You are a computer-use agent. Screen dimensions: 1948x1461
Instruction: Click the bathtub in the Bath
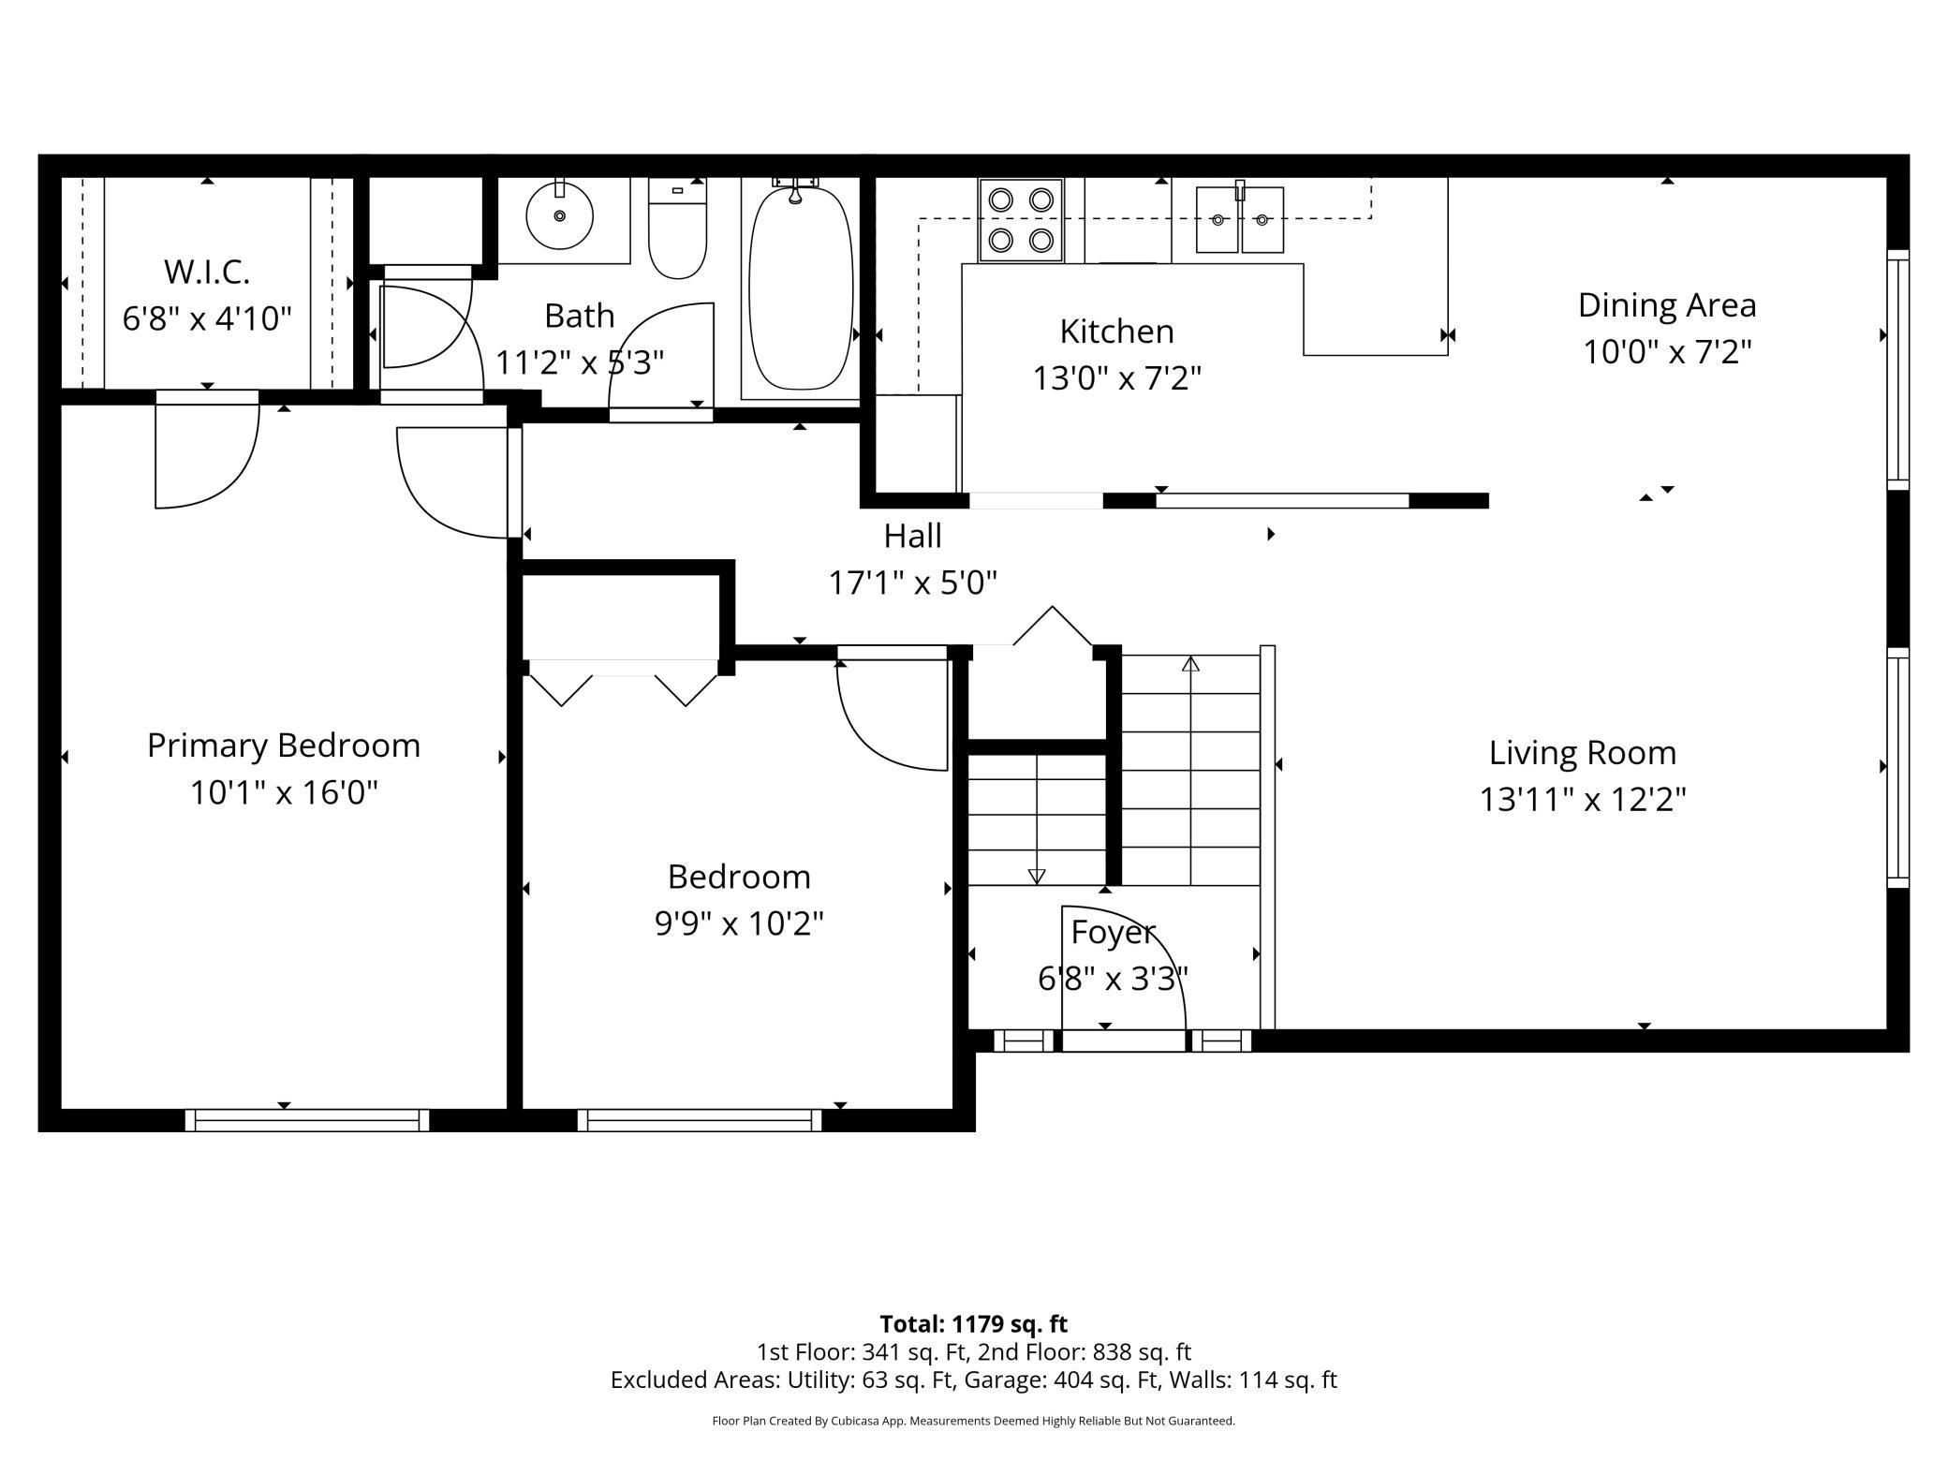[x=802, y=288]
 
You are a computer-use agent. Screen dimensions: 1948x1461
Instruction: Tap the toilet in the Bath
[x=677, y=229]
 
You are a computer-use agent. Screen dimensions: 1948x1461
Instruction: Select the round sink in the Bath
[x=559, y=216]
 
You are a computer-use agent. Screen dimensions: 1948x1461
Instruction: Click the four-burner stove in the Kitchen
[x=1021, y=220]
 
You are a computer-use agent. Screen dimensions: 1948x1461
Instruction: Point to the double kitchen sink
[x=1240, y=219]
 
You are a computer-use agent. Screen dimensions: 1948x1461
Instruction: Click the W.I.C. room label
[x=207, y=272]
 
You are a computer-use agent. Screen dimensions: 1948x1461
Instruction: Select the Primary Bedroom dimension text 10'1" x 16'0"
[x=284, y=792]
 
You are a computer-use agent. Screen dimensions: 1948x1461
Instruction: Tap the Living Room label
[x=1583, y=752]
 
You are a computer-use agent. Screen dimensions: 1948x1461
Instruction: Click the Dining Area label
[x=1667, y=305]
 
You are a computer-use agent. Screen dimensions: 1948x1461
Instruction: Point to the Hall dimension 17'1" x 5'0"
[x=913, y=583]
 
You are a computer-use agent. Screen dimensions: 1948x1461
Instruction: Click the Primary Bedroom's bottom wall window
[x=307, y=1120]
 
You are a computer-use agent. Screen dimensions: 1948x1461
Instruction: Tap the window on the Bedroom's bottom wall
[x=700, y=1120]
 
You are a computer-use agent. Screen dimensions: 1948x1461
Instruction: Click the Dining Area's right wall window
[x=1897, y=370]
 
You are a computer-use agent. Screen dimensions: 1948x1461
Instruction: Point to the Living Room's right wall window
[x=1897, y=767]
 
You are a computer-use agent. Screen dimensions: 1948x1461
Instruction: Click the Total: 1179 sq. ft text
[x=973, y=1323]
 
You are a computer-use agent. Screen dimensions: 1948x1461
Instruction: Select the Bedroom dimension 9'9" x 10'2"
[x=739, y=923]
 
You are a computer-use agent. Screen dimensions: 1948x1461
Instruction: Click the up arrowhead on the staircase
[x=1190, y=663]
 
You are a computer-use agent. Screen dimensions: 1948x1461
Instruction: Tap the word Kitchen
[x=1116, y=332]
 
